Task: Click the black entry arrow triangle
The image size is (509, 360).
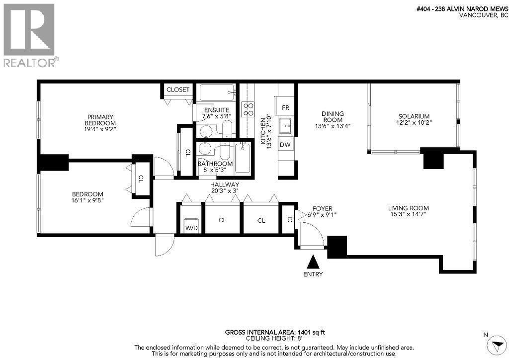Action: [x=313, y=262]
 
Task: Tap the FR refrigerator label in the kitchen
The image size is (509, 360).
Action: [x=285, y=107]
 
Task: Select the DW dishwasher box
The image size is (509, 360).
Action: [x=285, y=145]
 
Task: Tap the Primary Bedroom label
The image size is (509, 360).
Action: [x=100, y=120]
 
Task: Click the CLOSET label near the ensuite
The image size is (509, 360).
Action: [x=177, y=90]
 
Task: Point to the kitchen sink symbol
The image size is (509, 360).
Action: [x=286, y=125]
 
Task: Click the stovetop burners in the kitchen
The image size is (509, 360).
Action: [x=247, y=109]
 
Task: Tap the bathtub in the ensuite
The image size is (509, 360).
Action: [x=217, y=92]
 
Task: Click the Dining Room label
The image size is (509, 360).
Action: [x=333, y=117]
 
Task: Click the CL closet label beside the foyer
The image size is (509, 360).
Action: [x=289, y=219]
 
